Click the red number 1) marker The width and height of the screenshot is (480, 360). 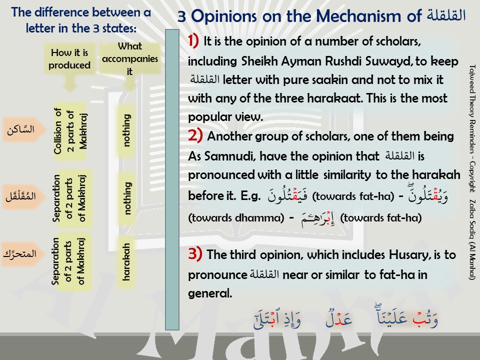[x=193, y=40]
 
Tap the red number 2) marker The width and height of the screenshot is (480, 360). [x=195, y=135]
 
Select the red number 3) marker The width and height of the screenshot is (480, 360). [x=195, y=254]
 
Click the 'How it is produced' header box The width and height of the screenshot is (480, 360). [x=69, y=59]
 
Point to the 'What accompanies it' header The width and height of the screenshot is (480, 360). [x=130, y=58]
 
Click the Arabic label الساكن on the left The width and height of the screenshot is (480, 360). [x=21, y=129]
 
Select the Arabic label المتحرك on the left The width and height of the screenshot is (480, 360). [x=20, y=254]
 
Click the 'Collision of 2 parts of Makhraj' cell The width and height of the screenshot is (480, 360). [x=70, y=131]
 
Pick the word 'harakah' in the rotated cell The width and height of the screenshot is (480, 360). [x=126, y=262]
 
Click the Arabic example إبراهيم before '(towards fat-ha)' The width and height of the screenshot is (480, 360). [x=317, y=219]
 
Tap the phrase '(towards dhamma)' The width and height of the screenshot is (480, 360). [x=236, y=217]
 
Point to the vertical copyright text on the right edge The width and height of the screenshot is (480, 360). [x=472, y=172]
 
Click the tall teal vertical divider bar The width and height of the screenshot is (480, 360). [x=172, y=179]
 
